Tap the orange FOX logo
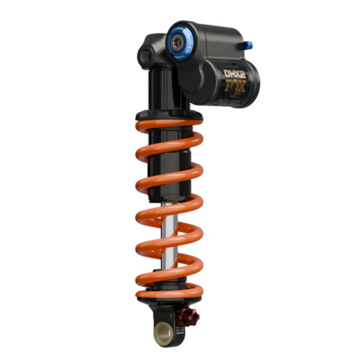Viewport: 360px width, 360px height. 236,88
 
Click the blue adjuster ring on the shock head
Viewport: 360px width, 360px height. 179,40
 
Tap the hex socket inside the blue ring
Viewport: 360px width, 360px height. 179,41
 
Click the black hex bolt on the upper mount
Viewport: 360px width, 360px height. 145,55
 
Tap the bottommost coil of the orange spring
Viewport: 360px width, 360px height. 170,293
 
